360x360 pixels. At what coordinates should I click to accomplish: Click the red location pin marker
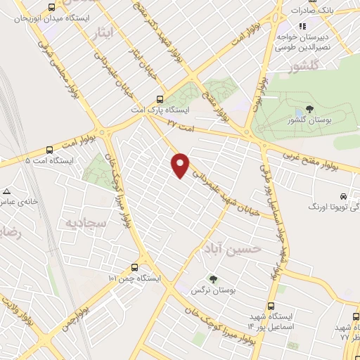[181, 165]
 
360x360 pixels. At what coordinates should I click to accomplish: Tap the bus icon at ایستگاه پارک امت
[160, 100]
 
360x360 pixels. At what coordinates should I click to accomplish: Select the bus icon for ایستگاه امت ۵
[49, 149]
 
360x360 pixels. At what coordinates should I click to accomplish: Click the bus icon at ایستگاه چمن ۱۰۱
[135, 267]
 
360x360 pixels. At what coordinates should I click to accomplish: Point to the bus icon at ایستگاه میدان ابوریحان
[51, 8]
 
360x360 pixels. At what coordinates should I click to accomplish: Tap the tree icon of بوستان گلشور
[309, 110]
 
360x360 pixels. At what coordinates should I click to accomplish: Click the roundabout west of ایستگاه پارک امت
[105, 132]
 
